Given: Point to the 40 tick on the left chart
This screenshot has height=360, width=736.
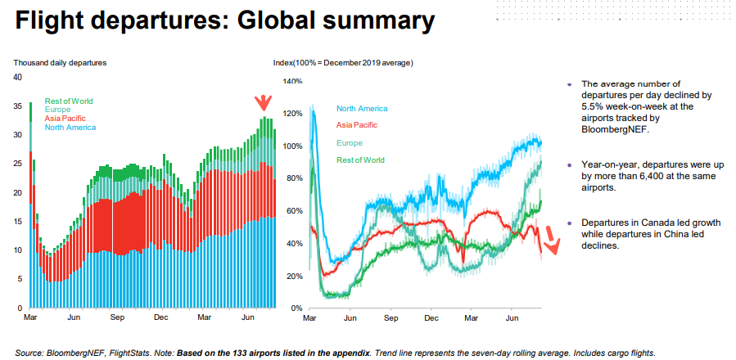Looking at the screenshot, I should pyautogui.click(x=17, y=77).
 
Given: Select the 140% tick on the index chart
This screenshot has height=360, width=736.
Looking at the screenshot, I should pyautogui.click(x=292, y=82).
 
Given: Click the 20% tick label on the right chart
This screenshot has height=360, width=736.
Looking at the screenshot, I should pyautogui.click(x=295, y=275).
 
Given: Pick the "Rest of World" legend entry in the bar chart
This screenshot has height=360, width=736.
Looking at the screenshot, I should pyautogui.click(x=70, y=101).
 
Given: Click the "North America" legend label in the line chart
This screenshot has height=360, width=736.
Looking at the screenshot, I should pyautogui.click(x=362, y=108).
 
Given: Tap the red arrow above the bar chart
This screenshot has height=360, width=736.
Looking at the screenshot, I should pyautogui.click(x=262, y=103).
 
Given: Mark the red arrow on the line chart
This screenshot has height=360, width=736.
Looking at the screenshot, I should pyautogui.click(x=551, y=239).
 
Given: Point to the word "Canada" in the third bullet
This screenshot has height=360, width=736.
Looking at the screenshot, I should pyautogui.click(x=645, y=223).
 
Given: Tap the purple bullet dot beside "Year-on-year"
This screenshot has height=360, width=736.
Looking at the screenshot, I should pyautogui.click(x=569, y=165).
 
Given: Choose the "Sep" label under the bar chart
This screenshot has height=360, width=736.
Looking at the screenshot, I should pyautogui.click(x=116, y=317).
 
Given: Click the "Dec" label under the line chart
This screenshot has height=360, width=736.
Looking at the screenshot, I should pyautogui.click(x=431, y=317).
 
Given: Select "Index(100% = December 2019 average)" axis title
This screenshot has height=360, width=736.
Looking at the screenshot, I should pyautogui.click(x=343, y=62).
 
